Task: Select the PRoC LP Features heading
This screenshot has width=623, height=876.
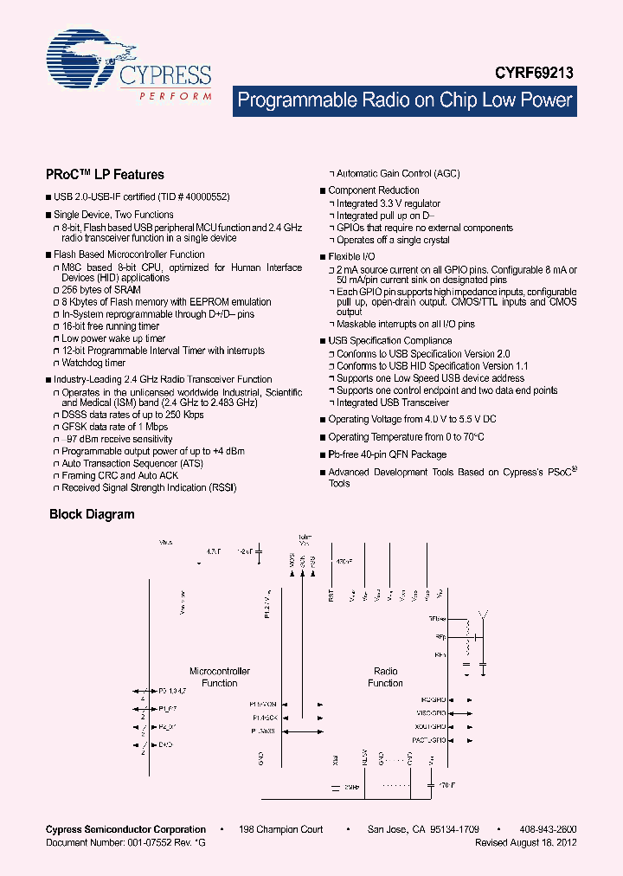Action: tap(105, 174)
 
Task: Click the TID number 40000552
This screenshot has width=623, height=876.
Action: tap(206, 197)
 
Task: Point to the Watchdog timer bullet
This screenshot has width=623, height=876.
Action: tap(93, 363)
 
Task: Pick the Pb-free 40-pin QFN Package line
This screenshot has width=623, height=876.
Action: tap(388, 454)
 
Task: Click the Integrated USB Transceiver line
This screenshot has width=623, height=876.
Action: tap(393, 403)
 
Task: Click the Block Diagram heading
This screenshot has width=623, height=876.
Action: tap(92, 514)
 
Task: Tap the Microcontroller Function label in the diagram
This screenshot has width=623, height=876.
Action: tap(220, 677)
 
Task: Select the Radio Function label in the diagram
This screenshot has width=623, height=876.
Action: tap(385, 677)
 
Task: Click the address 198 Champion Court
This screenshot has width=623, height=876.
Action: tap(281, 829)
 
